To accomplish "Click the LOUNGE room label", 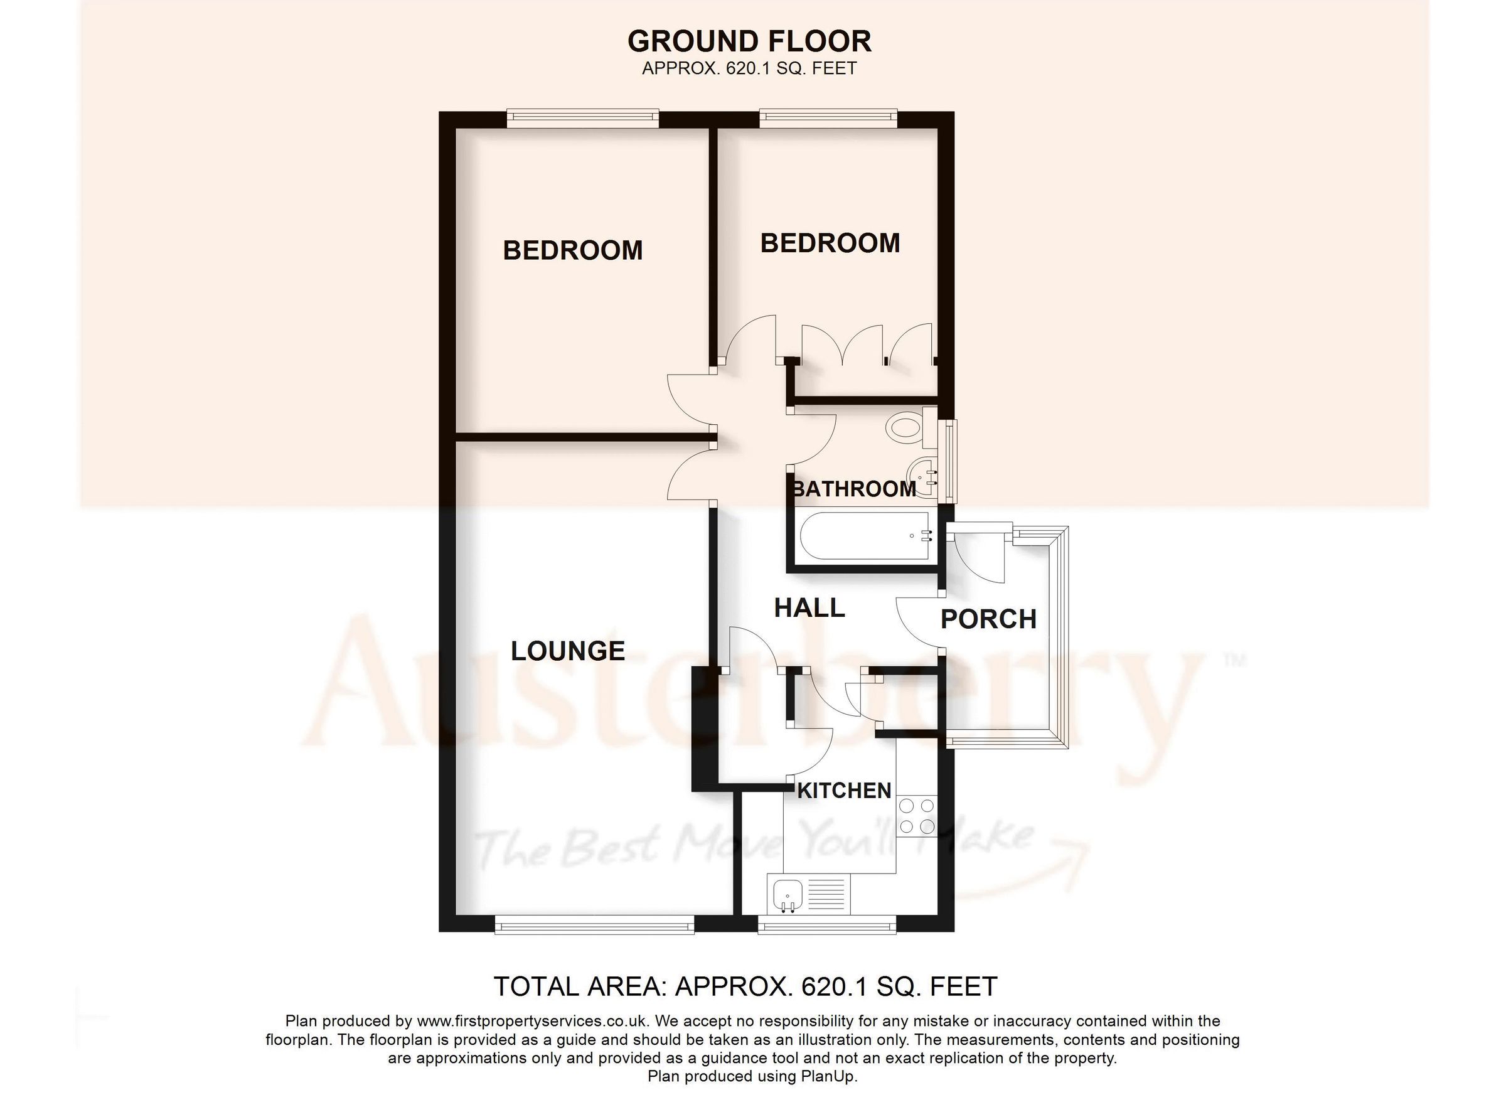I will [568, 651].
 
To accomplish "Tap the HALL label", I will [809, 608].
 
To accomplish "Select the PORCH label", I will [988, 619].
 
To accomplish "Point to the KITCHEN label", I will [844, 790].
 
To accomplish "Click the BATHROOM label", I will [854, 489].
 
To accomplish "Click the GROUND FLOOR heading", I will [749, 41].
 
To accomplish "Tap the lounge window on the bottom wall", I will [594, 925].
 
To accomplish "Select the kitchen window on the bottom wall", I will [826, 925].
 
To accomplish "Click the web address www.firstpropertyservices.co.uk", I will [536, 1020].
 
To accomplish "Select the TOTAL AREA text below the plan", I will [745, 987].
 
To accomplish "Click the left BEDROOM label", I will [572, 250].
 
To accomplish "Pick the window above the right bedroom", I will [828, 119].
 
